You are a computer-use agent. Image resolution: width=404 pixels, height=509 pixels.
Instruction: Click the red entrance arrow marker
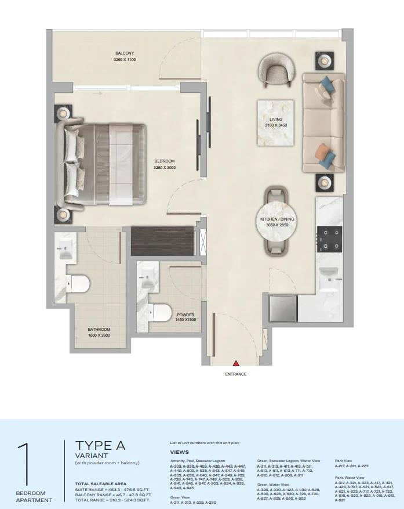pyautogui.click(x=236, y=363)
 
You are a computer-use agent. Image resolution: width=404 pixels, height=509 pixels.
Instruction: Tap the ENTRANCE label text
pyautogui.click(x=236, y=374)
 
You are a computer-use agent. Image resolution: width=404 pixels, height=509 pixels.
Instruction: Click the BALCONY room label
pyautogui.click(x=125, y=53)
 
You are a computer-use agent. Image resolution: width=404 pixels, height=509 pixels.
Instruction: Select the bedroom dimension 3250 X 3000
pyautogui.click(x=164, y=168)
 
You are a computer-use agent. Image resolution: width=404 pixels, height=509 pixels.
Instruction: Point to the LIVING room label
pyautogui.click(x=275, y=119)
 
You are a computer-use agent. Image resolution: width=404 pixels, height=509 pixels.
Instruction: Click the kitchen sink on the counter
pyautogui.click(x=330, y=273)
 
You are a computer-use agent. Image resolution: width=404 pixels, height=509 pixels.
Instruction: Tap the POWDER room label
pyautogui.click(x=185, y=315)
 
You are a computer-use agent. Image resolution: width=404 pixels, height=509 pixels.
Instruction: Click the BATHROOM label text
pyautogui.click(x=99, y=329)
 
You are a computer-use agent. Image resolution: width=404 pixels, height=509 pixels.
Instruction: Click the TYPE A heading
pyautogui.click(x=100, y=445)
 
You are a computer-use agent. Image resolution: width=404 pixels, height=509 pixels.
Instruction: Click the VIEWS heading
pyautogui.click(x=179, y=452)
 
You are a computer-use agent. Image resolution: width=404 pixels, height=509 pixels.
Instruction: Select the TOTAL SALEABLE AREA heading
pyautogui.click(x=100, y=483)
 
